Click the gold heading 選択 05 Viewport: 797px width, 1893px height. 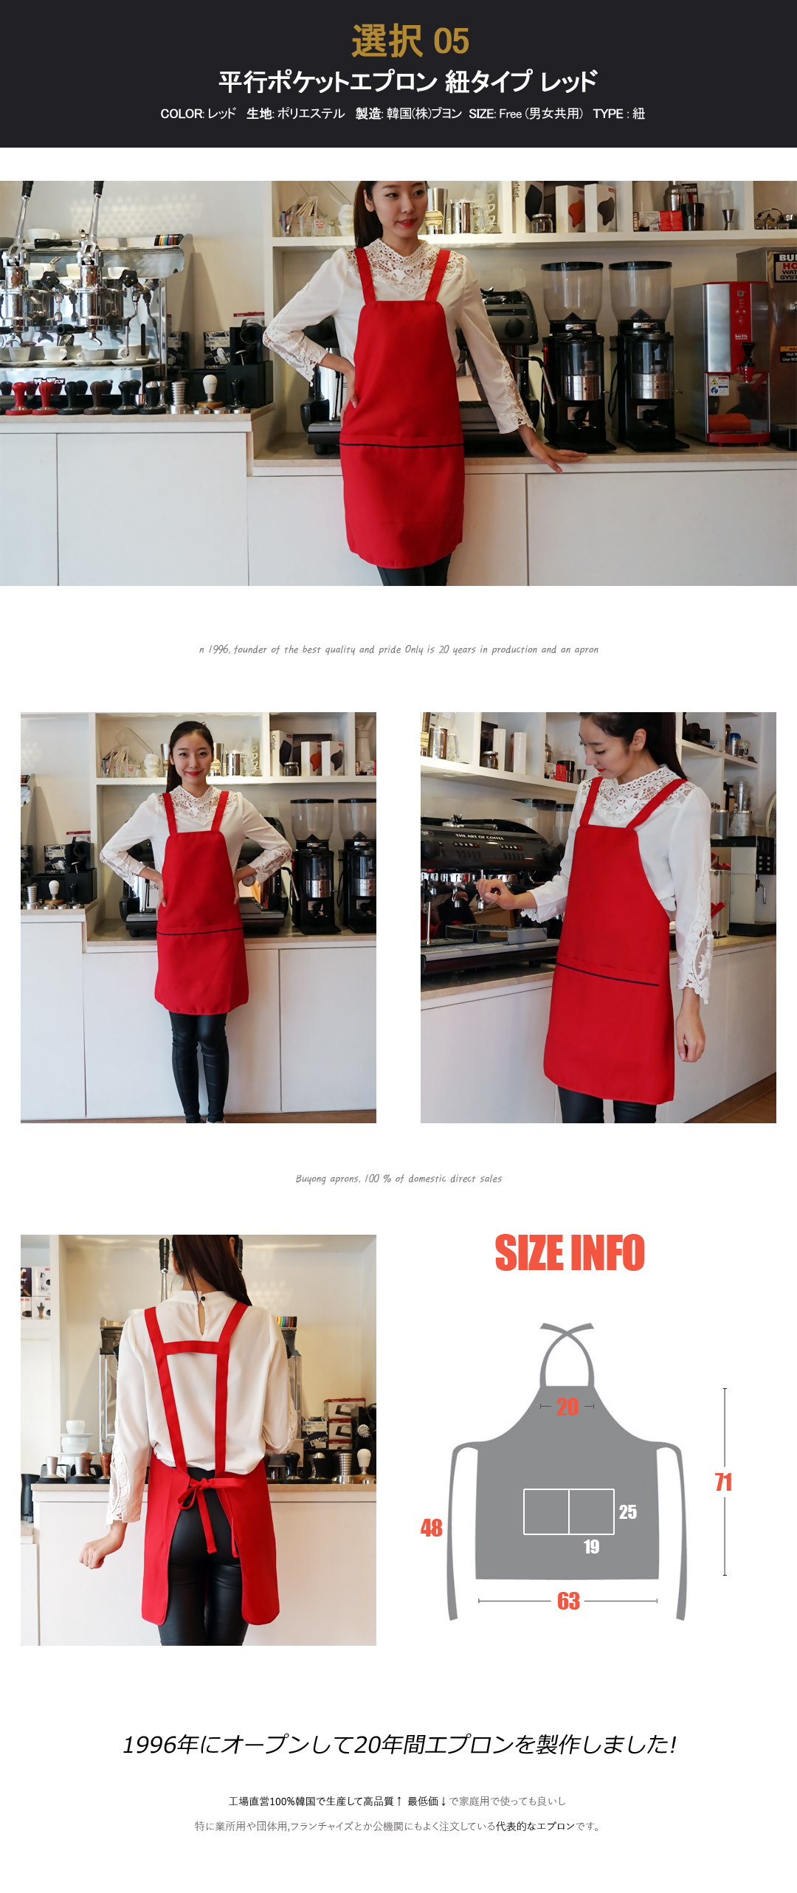(410, 41)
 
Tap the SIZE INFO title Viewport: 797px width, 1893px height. (570, 1253)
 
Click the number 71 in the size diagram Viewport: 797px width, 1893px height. (723, 1482)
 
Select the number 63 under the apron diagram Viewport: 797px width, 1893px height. (568, 1601)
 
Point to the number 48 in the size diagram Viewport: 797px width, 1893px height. (432, 1528)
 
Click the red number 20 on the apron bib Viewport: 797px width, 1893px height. (567, 1407)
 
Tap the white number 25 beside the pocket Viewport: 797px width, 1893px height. (628, 1512)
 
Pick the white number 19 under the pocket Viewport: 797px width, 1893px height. (591, 1547)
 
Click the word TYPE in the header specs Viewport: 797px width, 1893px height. (608, 114)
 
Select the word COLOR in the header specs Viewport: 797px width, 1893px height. (182, 114)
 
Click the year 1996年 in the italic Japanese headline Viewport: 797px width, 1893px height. (161, 1745)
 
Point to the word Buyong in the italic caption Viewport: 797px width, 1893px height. (311, 1179)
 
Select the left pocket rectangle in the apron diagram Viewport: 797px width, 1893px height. (546, 1511)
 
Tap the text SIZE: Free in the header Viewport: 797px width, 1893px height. (495, 114)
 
